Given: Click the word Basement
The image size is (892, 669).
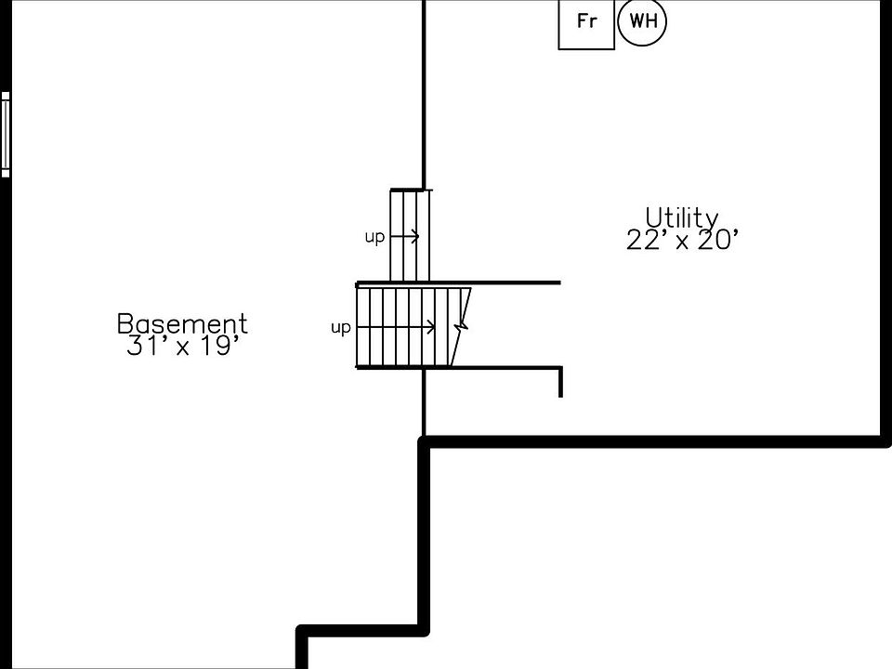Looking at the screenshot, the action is click(x=182, y=323).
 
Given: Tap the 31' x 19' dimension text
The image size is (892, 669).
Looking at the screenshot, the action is click(x=181, y=346).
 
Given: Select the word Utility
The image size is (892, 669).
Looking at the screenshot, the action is click(x=681, y=217).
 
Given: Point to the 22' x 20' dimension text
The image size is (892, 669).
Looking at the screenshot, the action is click(x=683, y=240).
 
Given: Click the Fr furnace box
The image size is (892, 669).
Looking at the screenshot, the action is click(x=586, y=24).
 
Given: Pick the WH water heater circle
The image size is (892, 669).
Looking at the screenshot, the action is click(x=642, y=21).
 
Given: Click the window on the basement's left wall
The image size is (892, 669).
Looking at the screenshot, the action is click(x=6, y=134).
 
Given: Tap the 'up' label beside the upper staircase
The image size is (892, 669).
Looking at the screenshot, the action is click(x=374, y=236).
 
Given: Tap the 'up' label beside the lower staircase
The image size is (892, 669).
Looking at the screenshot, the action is click(x=341, y=327).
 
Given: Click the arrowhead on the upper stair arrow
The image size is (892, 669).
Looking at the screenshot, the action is click(x=416, y=235).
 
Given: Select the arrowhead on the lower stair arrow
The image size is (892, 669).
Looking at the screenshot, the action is click(x=432, y=327).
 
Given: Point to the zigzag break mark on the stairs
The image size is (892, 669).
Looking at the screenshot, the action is click(x=461, y=326).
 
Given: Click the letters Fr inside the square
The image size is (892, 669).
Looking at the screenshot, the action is click(x=586, y=21).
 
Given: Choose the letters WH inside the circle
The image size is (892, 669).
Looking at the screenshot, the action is click(x=643, y=21).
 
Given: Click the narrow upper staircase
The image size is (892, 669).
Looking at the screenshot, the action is click(x=410, y=235).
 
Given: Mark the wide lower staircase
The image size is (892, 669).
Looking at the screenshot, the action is click(x=413, y=327).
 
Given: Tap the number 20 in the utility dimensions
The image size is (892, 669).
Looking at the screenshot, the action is click(x=713, y=240).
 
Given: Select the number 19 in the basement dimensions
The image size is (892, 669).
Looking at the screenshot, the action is click(x=214, y=346).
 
